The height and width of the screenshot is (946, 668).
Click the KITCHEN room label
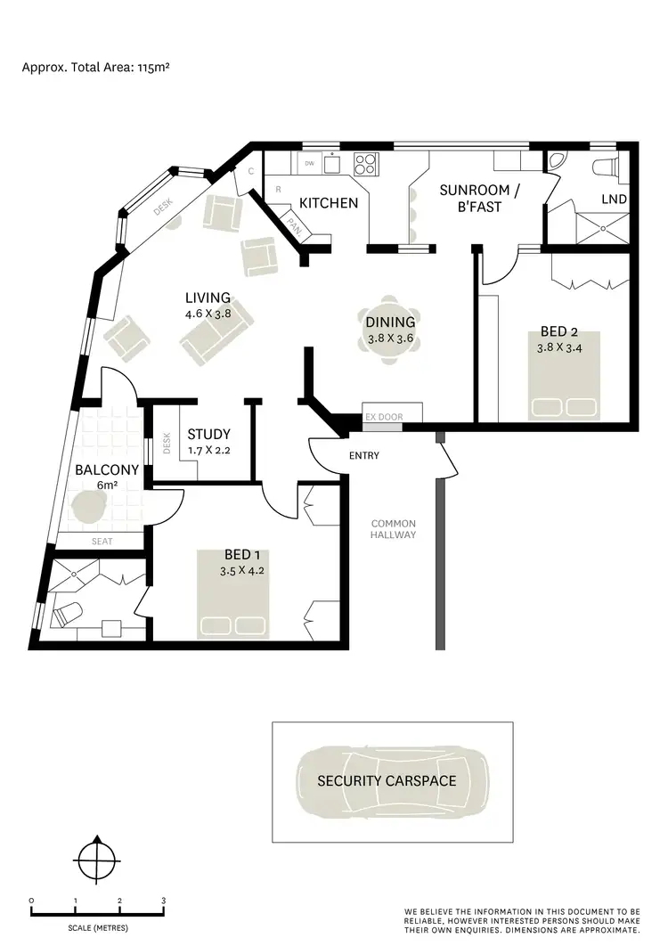click(x=328, y=203)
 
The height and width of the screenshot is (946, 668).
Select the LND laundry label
click(x=614, y=200)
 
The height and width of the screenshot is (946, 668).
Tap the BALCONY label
click(x=107, y=469)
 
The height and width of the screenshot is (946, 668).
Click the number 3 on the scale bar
click(x=163, y=901)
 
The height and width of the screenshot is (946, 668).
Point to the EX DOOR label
click(x=383, y=417)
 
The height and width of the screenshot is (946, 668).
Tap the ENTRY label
click(x=364, y=456)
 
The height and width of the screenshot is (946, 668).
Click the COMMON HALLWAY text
click(x=394, y=529)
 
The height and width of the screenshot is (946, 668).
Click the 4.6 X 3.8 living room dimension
click(x=208, y=314)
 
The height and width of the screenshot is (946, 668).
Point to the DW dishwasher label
click(x=310, y=164)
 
